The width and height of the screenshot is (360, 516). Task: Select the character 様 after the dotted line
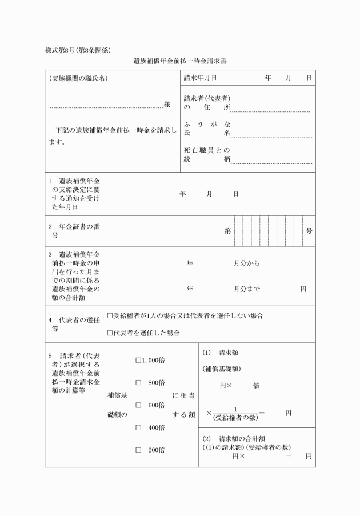[x=167, y=105]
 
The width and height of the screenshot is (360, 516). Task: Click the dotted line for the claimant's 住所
[x=270, y=111]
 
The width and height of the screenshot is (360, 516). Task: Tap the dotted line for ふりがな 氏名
[x=271, y=137]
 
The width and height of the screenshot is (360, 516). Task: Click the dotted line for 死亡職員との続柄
[x=271, y=163]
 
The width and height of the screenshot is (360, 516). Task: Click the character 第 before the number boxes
[x=228, y=231]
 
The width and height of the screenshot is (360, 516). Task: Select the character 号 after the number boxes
[x=309, y=231]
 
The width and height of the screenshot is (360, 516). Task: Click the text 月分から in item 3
[x=246, y=263]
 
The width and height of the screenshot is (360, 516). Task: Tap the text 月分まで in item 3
[x=246, y=289]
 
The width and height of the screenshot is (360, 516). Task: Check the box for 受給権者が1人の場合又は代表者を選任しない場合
[x=110, y=315]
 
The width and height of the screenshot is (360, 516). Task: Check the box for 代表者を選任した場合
[x=110, y=333]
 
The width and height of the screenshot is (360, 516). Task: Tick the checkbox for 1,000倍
[x=138, y=360]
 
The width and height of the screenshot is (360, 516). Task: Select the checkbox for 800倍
[x=138, y=382]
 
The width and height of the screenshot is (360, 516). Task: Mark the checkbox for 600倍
[x=138, y=405]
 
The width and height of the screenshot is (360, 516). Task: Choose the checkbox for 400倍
[x=138, y=427]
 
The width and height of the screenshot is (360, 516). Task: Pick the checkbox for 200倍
[x=138, y=450]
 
